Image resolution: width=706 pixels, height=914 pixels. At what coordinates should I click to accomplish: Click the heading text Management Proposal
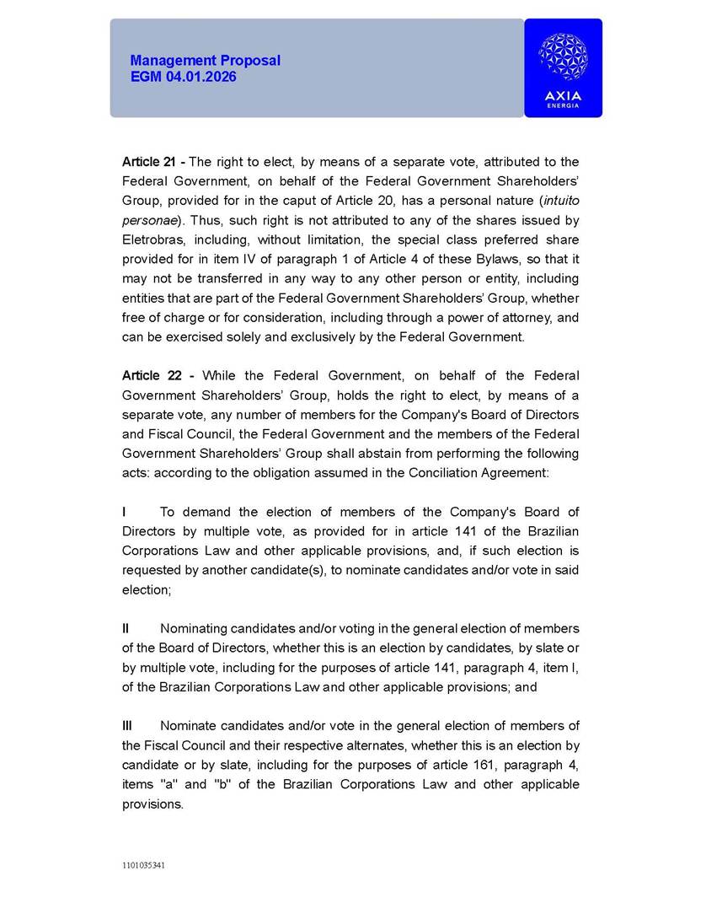click(x=205, y=61)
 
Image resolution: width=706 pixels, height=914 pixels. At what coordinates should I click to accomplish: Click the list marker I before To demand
click(x=125, y=512)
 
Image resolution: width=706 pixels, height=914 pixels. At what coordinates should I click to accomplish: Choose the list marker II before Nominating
click(x=126, y=628)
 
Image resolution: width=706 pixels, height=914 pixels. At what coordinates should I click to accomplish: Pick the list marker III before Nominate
click(x=127, y=726)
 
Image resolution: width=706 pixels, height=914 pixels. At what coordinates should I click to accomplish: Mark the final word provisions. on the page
click(x=152, y=804)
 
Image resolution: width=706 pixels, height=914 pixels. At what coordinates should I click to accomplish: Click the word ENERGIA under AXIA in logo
click(x=563, y=105)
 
